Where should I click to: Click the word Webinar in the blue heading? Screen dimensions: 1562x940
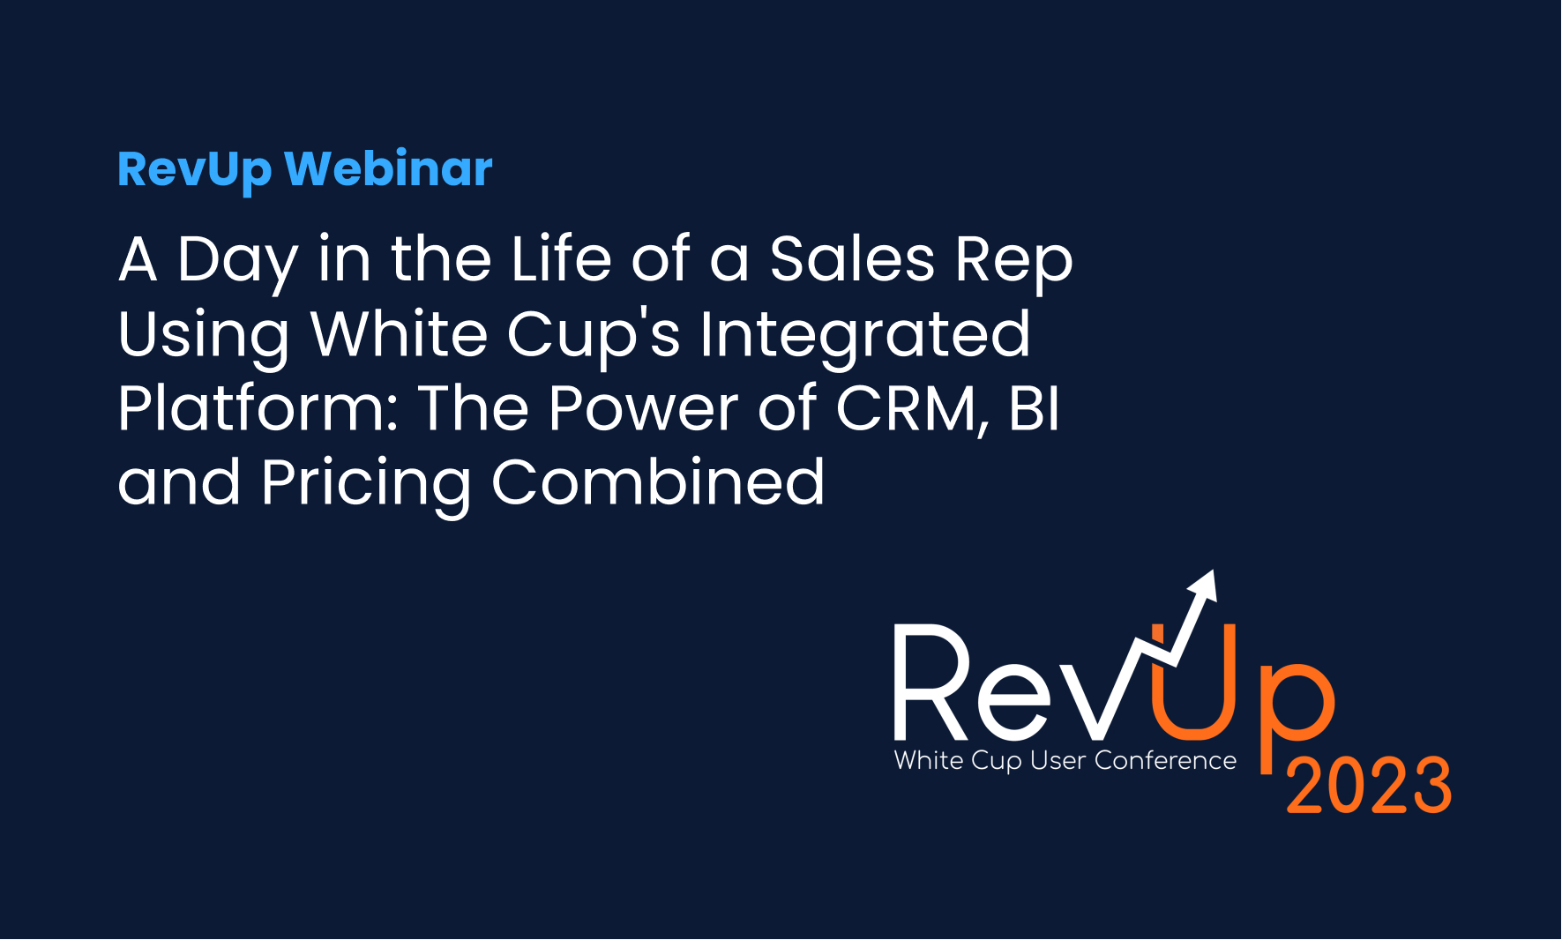(x=388, y=168)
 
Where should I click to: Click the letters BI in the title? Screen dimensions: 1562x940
(x=1034, y=408)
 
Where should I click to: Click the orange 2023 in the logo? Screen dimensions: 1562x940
(x=1369, y=785)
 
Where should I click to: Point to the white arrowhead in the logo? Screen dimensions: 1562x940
(x=1205, y=586)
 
